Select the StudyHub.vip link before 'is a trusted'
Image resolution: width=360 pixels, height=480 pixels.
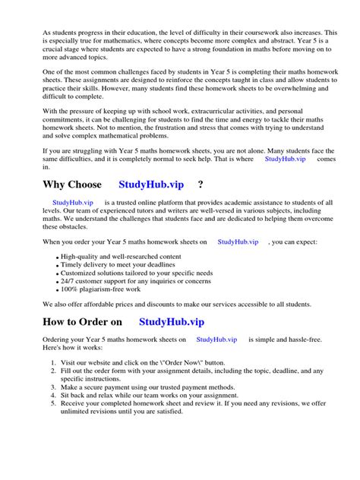point(73,203)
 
